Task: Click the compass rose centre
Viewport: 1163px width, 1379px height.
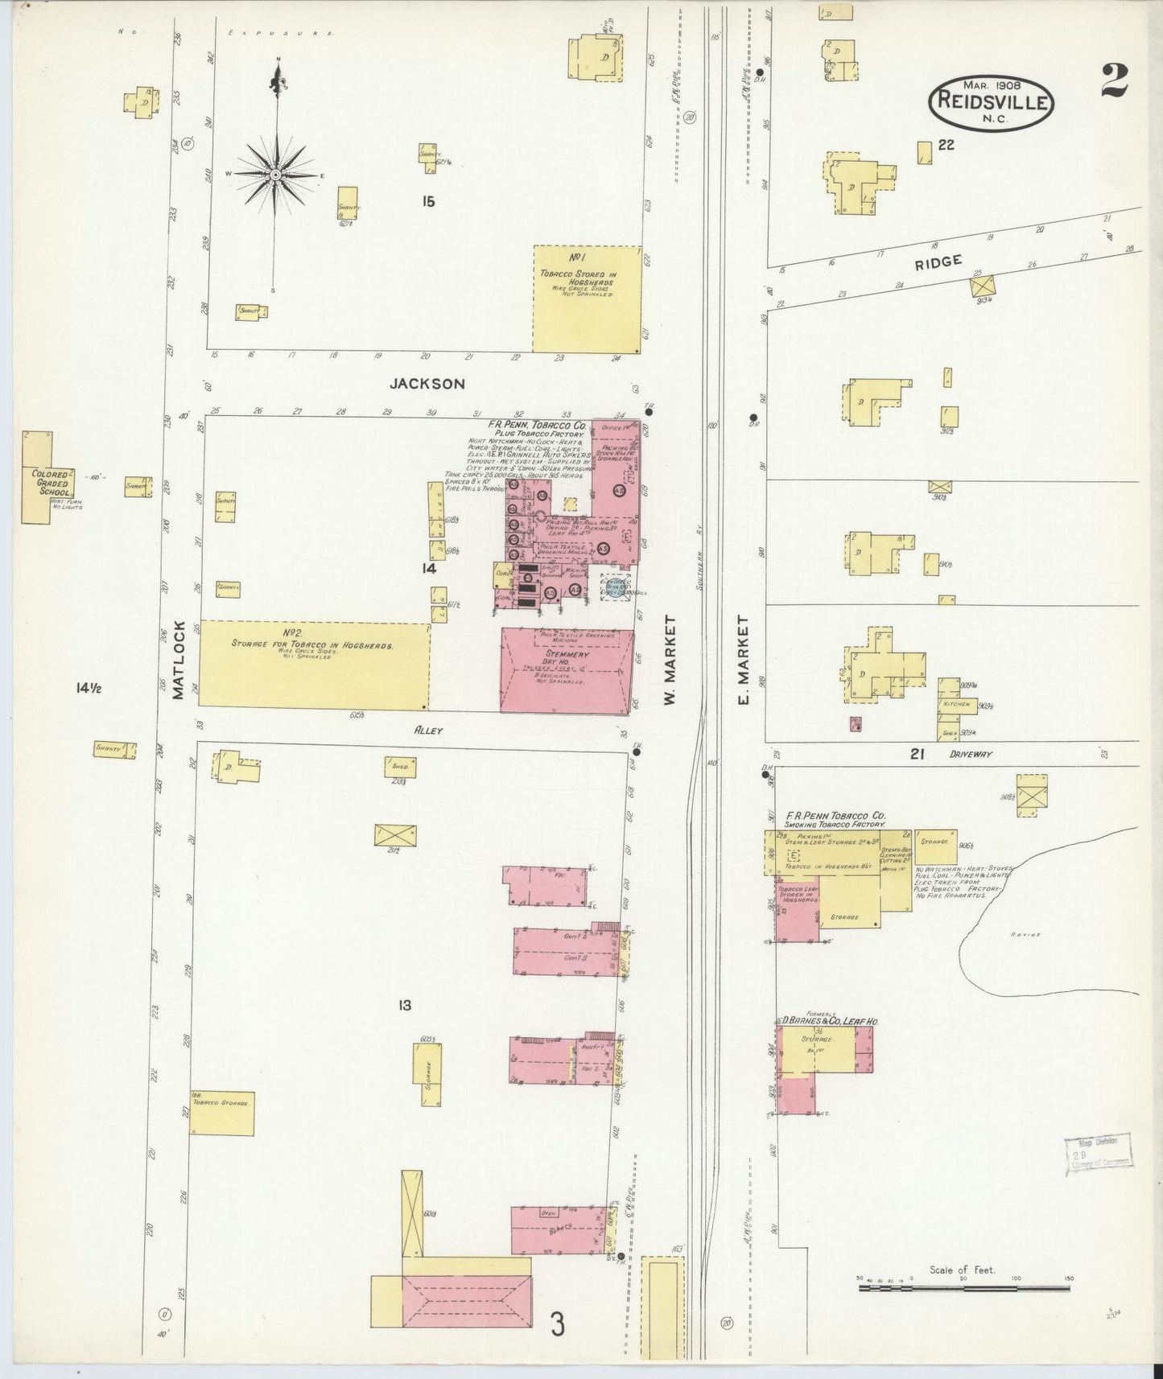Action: [x=275, y=175]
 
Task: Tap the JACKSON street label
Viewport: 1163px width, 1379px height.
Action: [x=427, y=384]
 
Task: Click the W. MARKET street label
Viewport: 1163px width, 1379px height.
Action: [x=670, y=660]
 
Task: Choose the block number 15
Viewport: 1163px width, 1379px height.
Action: [x=427, y=201]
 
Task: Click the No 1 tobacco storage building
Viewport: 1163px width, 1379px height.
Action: [x=588, y=299]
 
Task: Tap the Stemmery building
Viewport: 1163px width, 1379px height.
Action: [x=566, y=671]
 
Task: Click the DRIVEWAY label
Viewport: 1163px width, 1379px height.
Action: [x=971, y=755]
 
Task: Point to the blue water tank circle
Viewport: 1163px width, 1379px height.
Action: [x=616, y=591]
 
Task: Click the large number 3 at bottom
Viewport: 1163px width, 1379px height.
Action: [x=557, y=1323]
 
